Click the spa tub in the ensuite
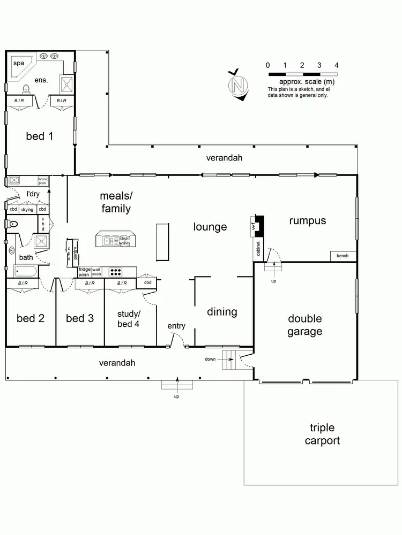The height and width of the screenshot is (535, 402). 20,67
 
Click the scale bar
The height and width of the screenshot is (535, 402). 302,73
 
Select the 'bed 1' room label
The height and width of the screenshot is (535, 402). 40,136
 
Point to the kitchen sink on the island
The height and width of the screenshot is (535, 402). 110,241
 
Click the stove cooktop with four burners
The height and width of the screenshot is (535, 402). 115,272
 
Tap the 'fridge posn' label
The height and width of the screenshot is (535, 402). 85,272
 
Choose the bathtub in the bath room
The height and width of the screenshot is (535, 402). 23,272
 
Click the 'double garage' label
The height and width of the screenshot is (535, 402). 304,325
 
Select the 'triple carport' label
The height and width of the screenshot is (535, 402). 322,434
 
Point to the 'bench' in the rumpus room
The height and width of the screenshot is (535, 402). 343,256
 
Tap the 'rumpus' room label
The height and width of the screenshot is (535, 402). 307,220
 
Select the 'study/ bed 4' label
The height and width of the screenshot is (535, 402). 129,318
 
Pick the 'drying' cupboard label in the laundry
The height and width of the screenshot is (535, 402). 27,209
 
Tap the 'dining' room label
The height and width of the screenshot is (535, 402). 222,311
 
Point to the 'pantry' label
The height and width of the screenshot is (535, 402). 76,251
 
